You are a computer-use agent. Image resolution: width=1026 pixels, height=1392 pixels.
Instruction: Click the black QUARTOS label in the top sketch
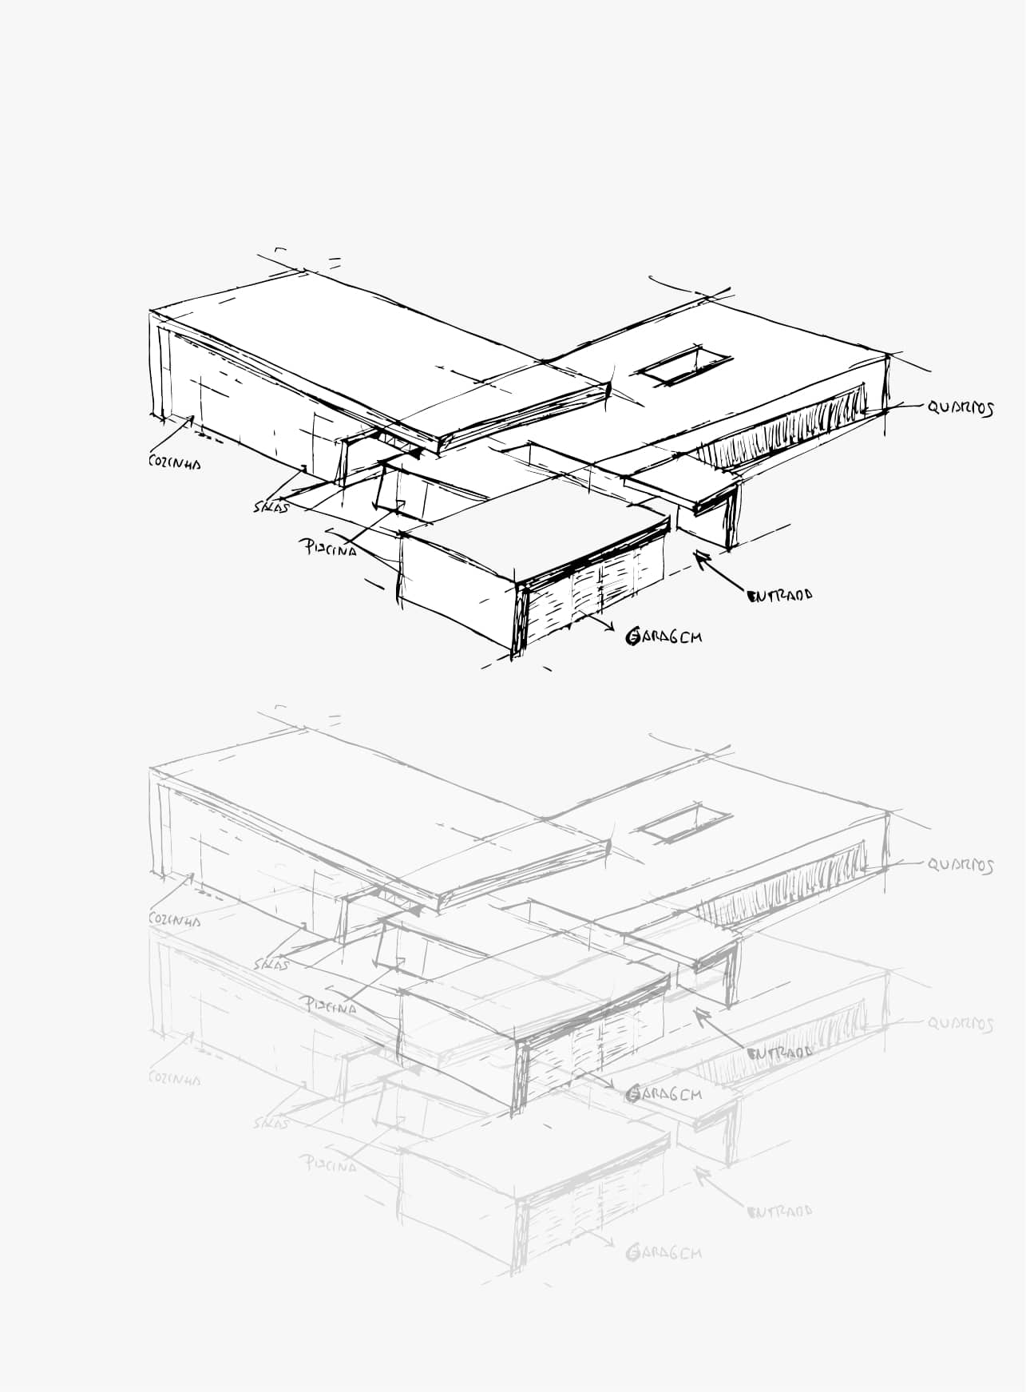[x=960, y=408]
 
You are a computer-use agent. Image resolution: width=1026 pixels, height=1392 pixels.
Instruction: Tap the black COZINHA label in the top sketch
[x=174, y=462]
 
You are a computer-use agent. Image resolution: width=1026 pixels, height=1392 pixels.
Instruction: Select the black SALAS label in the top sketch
[x=271, y=506]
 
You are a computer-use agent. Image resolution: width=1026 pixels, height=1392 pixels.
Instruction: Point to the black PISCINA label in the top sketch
[x=327, y=549]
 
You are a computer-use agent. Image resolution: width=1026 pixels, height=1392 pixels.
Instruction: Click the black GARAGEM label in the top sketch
[x=664, y=637]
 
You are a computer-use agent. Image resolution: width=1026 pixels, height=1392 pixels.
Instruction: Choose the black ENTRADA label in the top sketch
[x=779, y=595]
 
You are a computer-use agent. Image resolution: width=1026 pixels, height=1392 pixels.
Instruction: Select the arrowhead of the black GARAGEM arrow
[x=610, y=628]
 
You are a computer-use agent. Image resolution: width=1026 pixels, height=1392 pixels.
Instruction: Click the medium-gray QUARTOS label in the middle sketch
[x=960, y=866]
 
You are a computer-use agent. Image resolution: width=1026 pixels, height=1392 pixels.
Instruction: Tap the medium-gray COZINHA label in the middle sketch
[x=174, y=920]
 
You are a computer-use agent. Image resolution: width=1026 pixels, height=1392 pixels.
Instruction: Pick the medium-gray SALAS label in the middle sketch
[x=271, y=964]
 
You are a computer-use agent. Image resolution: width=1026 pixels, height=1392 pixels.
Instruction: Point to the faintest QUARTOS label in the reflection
[x=960, y=1024]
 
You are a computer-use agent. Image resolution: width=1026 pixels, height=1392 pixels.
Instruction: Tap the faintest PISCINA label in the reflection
[x=327, y=1164]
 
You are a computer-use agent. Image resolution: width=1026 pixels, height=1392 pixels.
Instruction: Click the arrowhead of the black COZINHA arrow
[x=192, y=418]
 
